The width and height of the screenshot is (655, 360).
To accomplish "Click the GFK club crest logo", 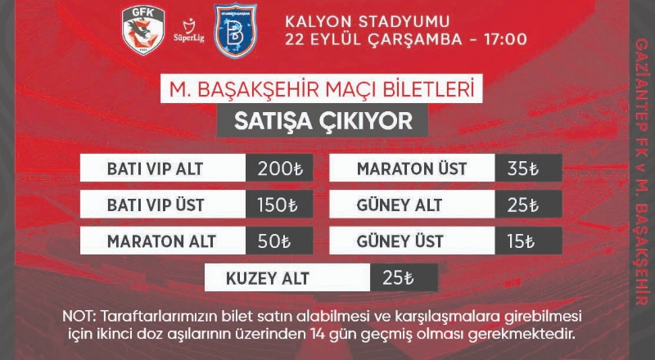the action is tap(143, 30).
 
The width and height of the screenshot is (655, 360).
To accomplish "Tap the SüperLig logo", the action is tap(189, 31).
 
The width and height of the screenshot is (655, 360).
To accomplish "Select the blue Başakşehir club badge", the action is tap(235, 30).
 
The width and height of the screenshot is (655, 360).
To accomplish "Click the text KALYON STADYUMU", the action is tap(368, 22).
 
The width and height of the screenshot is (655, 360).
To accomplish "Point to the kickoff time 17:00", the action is tap(505, 39).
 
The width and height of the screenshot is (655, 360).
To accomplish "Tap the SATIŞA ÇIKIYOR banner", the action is tap(323, 121).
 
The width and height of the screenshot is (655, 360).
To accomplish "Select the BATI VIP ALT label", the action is tap(156, 169).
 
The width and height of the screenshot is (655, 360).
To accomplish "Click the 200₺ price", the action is tap(280, 169).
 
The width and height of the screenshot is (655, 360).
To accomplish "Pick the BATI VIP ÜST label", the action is tap(156, 205).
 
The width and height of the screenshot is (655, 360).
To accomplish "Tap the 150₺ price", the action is tap(278, 205).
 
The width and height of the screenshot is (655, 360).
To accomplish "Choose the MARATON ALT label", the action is tap(161, 241).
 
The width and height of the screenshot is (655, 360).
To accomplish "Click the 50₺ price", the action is tap(274, 242).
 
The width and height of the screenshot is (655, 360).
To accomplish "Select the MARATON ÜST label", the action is tap(412, 169).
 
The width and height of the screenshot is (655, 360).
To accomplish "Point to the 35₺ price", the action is tap(523, 169).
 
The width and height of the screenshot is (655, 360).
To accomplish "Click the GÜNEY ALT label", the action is tap(400, 205).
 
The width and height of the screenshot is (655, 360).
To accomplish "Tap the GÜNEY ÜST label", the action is tap(400, 241).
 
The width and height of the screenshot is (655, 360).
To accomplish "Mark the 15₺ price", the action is tap(521, 242).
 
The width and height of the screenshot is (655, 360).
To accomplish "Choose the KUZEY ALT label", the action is tap(268, 278).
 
